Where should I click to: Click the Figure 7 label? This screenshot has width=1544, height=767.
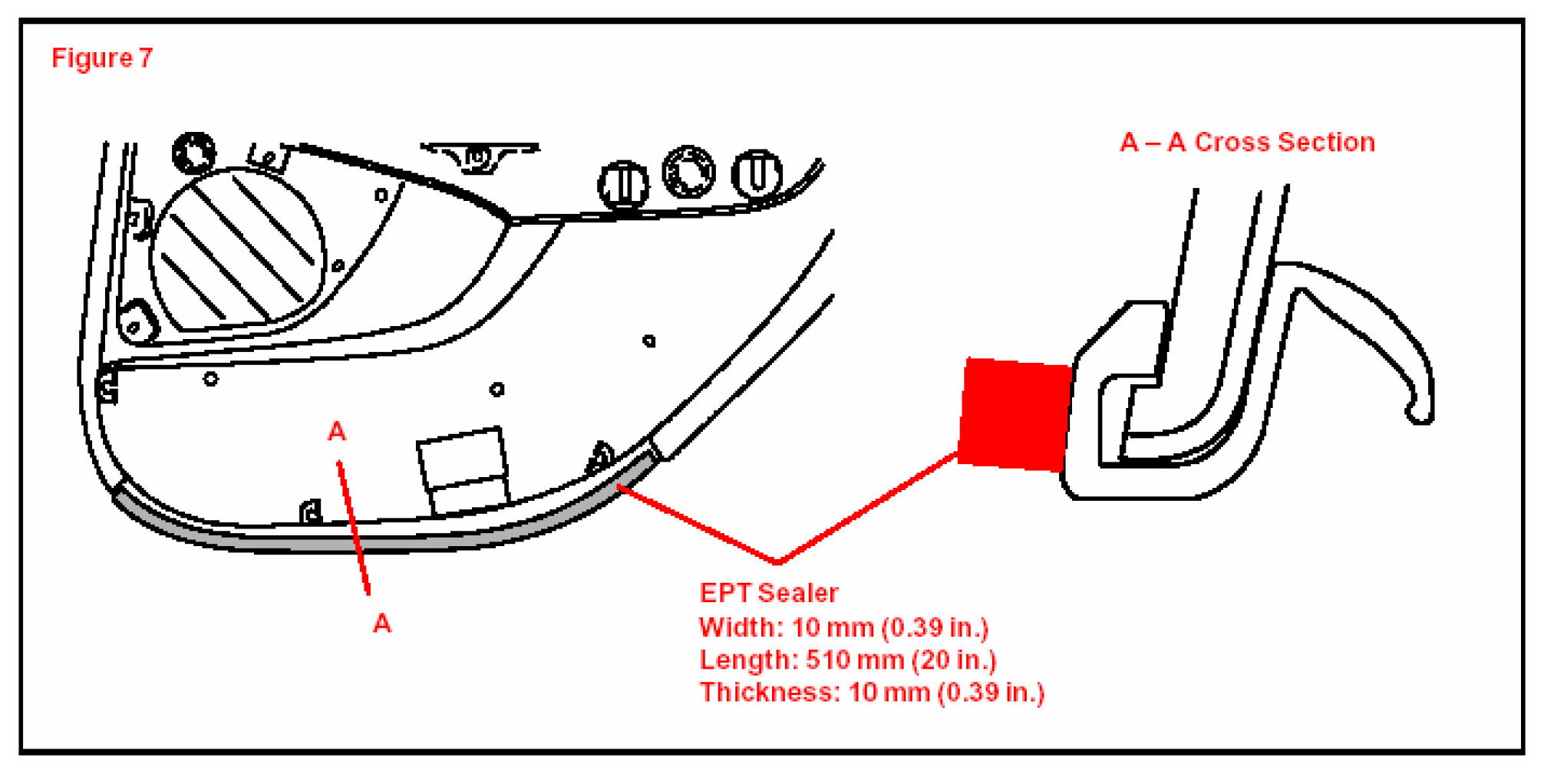pyautogui.click(x=102, y=58)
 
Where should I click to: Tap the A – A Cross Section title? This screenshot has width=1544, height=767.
pyautogui.click(x=1247, y=143)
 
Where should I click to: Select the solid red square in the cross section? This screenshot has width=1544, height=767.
pyautogui.click(x=1014, y=413)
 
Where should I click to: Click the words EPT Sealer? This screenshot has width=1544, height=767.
pyautogui.click(x=768, y=593)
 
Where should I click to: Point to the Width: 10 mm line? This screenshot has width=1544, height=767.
pyautogui.click(x=843, y=627)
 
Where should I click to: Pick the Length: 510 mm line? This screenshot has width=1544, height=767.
pyautogui.click(x=847, y=660)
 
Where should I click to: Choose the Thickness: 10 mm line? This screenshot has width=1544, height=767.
pyautogui.click(x=871, y=693)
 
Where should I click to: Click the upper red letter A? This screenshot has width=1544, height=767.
pyautogui.click(x=336, y=432)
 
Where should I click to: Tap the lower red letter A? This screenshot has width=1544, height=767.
pyautogui.click(x=381, y=624)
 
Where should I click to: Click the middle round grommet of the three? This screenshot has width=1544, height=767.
pyautogui.click(x=688, y=171)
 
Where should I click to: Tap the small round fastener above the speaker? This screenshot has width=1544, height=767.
pyautogui.click(x=193, y=152)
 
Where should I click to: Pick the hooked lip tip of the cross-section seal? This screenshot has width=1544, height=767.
pyautogui.click(x=1420, y=414)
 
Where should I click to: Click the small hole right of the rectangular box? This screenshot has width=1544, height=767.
pyautogui.click(x=497, y=390)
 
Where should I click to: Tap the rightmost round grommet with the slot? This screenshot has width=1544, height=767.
pyautogui.click(x=756, y=173)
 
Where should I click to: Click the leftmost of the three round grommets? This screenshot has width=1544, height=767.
pyautogui.click(x=623, y=185)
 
